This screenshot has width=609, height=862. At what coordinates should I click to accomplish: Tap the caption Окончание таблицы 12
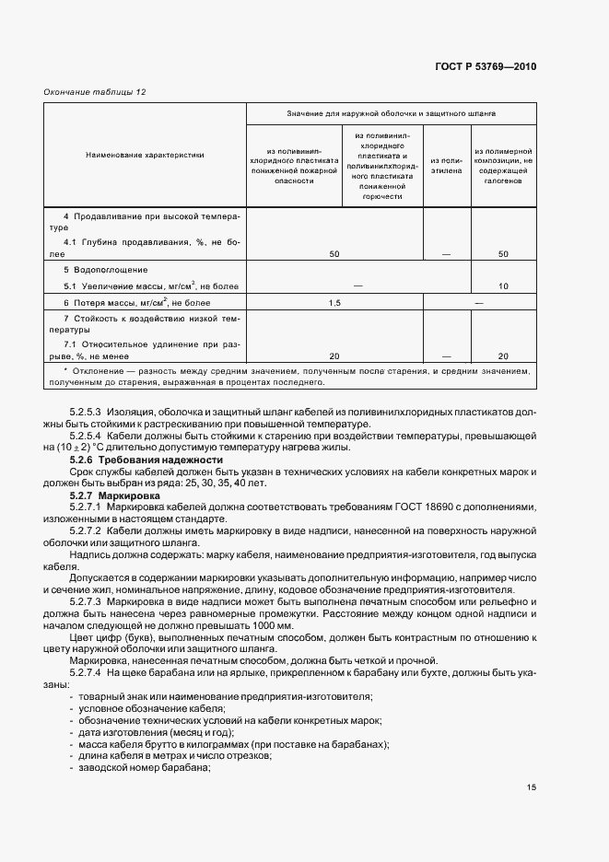click(x=95, y=92)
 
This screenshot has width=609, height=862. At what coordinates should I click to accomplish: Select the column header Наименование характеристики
click(x=146, y=155)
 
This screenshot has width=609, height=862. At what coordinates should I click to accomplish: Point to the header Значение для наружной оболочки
click(x=390, y=114)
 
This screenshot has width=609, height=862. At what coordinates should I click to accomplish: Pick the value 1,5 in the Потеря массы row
click(x=334, y=303)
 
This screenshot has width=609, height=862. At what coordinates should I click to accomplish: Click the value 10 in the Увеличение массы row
click(x=503, y=286)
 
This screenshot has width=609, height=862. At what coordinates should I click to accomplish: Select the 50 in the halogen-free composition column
click(x=503, y=253)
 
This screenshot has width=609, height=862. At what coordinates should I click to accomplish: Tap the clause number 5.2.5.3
click(x=87, y=412)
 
